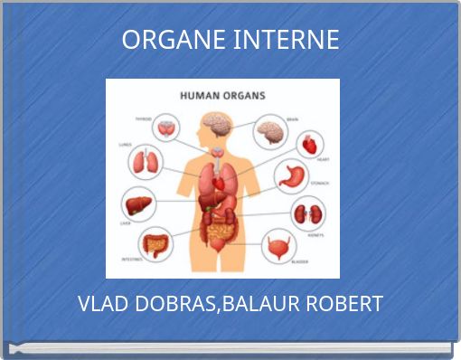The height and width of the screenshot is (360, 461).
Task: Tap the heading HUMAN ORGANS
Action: [x=222, y=93]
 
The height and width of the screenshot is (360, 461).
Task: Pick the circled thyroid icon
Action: [x=166, y=128]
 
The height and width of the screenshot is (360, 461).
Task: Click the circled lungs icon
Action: [x=146, y=162]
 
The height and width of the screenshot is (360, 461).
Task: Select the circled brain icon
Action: [x=270, y=131]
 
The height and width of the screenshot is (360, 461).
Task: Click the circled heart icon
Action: [x=310, y=144]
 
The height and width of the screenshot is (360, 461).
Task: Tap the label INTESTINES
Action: [x=131, y=259]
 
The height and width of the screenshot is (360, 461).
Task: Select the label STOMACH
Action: [x=320, y=183]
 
